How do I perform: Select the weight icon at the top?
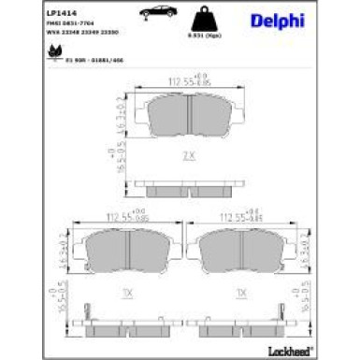point(197,20)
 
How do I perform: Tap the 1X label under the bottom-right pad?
point(241,293)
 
